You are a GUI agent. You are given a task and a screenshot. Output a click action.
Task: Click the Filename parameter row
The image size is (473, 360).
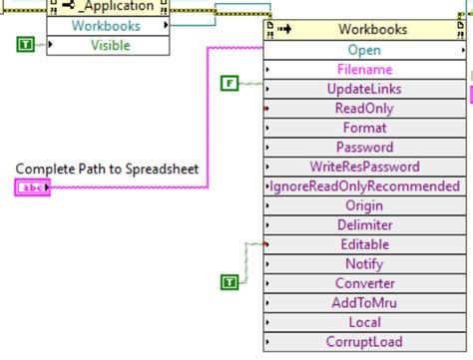coord(364,70)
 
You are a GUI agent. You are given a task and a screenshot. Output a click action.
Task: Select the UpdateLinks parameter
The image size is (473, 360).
coord(364,89)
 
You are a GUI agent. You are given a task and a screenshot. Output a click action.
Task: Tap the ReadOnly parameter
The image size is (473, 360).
coord(364,109)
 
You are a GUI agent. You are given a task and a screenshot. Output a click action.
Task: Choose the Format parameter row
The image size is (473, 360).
coord(364,128)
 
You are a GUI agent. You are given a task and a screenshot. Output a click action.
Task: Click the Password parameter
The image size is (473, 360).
coord(364,148)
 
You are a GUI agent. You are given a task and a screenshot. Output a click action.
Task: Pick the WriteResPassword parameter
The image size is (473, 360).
coord(364,167)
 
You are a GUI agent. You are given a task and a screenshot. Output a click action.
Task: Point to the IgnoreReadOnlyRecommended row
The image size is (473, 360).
coord(364,186)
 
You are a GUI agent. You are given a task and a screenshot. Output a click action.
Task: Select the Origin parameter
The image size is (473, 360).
coord(364,205)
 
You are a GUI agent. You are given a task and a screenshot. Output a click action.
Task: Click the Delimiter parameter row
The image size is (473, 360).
coord(364,225)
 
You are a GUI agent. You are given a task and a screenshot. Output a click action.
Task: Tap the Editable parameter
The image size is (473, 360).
coord(364,244)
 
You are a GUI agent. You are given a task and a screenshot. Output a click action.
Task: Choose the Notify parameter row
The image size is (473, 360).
coord(364,264)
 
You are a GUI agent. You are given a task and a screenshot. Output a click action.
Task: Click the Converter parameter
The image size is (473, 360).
coord(364,283)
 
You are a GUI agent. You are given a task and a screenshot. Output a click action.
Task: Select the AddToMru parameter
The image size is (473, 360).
coord(364,303)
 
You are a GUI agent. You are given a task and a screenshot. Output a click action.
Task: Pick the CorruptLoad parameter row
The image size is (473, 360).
coord(364,342)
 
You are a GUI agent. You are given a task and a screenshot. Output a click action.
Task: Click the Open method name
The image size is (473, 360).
coord(364,50)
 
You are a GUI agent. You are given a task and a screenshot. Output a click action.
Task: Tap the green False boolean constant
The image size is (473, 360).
coord(230,83)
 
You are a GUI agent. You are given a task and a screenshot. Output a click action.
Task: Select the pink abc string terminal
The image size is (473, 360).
coord(32,186)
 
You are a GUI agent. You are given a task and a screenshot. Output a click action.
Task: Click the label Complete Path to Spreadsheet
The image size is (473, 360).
coord(113,169)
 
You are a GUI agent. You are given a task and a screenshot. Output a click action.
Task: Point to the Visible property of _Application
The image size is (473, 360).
coord(110,45)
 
